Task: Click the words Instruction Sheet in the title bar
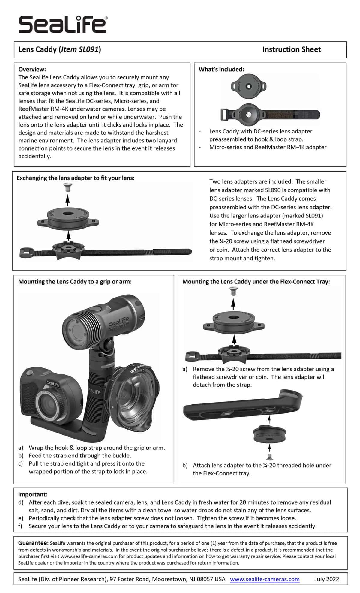[291, 49]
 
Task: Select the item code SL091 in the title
[88, 49]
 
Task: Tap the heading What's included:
[221, 69]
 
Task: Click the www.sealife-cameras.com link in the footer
[265, 579]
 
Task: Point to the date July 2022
[327, 579]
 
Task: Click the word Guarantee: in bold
[33, 543]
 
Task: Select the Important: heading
[33, 494]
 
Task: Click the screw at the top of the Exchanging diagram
[68, 188]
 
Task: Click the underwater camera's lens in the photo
[46, 404]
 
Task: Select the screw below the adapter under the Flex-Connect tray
[269, 457]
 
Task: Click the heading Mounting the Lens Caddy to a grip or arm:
[75, 282]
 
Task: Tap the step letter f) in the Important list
[21, 526]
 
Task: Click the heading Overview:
[32, 69]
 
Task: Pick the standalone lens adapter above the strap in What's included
[248, 86]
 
